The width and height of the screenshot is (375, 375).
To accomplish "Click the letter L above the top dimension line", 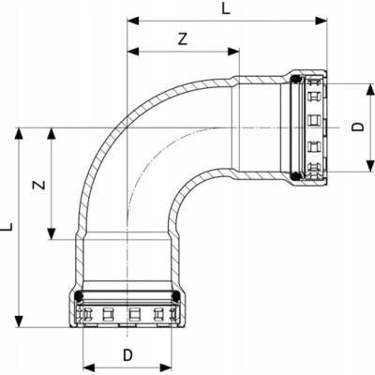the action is (x=226, y=8).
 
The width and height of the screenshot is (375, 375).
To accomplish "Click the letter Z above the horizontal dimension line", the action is (x=183, y=38).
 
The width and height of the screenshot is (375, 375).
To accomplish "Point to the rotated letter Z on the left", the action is (x=39, y=185).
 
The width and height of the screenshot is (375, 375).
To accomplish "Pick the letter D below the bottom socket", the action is (x=127, y=355).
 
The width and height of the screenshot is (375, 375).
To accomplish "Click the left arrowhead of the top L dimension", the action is (x=133, y=21).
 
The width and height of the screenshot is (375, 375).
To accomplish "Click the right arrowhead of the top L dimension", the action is (x=321, y=21).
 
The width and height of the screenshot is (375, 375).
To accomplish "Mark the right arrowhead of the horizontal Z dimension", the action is (x=233, y=52).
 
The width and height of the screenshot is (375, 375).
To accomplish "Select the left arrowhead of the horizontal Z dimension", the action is (x=133, y=52).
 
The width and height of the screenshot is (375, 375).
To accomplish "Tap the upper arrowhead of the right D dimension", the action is (x=370, y=89).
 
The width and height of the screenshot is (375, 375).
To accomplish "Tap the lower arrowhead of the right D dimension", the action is (x=370, y=166).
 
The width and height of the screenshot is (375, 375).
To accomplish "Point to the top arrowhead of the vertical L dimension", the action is (x=20, y=133).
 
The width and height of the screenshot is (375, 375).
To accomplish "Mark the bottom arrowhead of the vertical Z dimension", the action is (x=51, y=234).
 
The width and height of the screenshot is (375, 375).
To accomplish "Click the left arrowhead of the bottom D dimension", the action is (x=89, y=367).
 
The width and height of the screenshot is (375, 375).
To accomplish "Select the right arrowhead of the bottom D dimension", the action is (x=166, y=367).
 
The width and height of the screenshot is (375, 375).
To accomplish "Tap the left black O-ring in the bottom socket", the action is (x=80, y=296).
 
